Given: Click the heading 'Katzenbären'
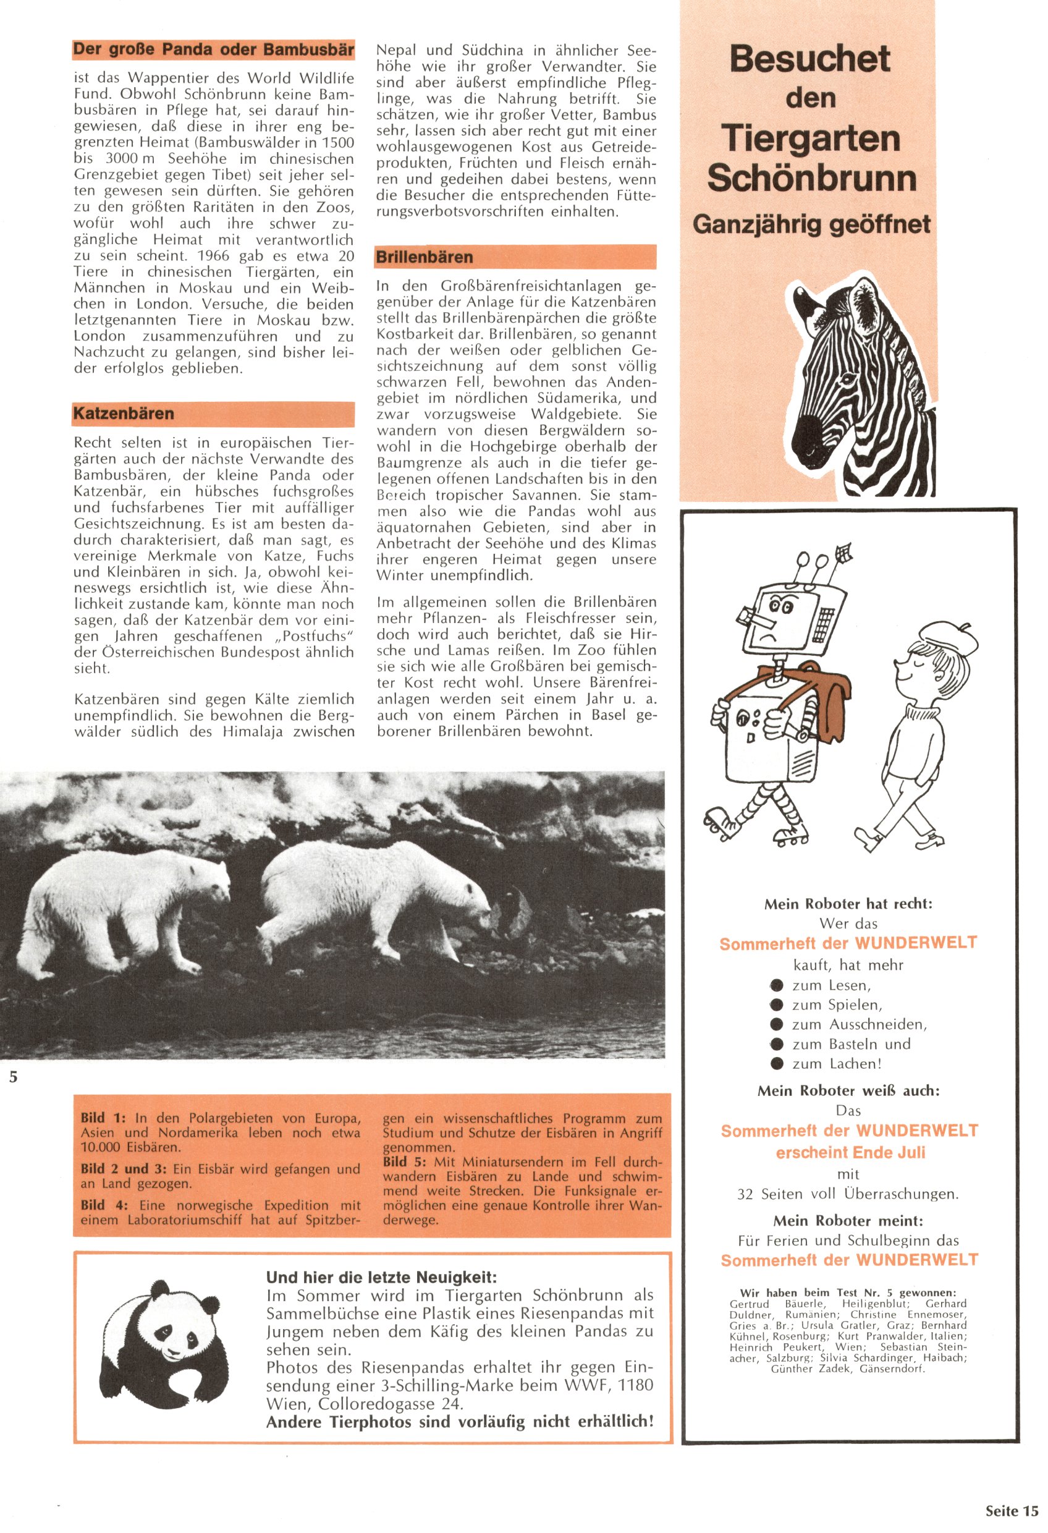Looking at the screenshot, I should pos(124,414).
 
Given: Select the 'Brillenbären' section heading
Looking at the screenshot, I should pos(425,257).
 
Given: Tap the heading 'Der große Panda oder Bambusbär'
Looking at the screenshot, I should pos(213,49).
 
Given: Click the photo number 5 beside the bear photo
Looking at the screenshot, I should pos(13,1077).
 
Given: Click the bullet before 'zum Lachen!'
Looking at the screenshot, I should pos(776,1063).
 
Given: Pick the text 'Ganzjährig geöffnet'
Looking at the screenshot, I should pos(811,225).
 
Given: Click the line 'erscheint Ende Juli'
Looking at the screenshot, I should pos(850,1152).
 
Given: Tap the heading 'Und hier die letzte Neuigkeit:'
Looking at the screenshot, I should pos(381,1277).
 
